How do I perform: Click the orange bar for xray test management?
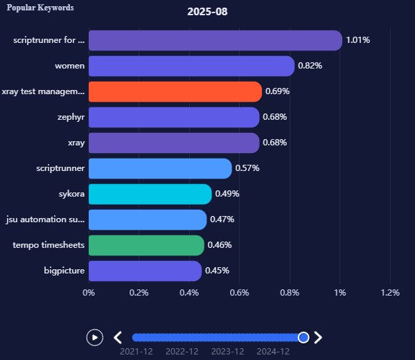[x=175, y=91]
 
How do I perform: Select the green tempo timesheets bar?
[x=146, y=245]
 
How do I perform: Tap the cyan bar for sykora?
[x=150, y=194]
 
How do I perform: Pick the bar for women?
[x=191, y=66]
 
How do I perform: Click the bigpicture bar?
[x=145, y=271]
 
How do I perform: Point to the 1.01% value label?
[x=358, y=40]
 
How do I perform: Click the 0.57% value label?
[x=247, y=168]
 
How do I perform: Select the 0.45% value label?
[x=217, y=271]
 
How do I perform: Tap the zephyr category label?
[x=71, y=117]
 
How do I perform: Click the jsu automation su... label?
[x=45, y=219]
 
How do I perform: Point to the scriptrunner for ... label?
[x=48, y=40]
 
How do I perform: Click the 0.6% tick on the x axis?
[x=239, y=293]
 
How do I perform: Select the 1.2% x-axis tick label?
[x=390, y=293]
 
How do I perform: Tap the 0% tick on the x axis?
[x=89, y=293]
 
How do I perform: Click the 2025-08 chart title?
[x=207, y=12]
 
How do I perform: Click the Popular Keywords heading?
[x=40, y=8]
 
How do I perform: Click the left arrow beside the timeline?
[x=118, y=337]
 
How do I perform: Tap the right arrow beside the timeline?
[x=318, y=337]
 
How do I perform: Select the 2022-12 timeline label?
[x=182, y=352]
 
